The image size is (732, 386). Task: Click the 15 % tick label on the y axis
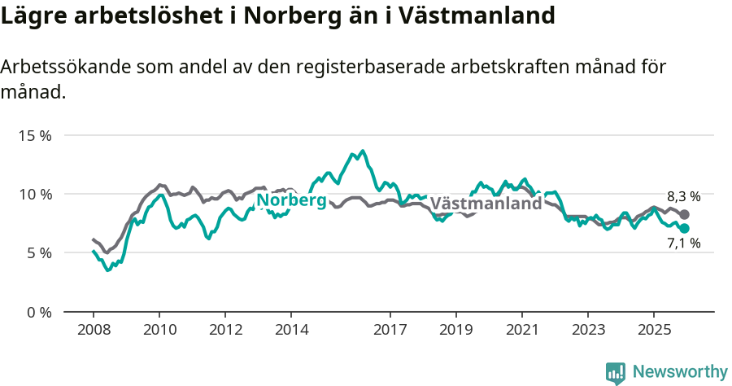pyautogui.click(x=34, y=135)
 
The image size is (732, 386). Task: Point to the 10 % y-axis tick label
pyautogui.click(x=34, y=194)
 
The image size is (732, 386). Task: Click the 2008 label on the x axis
pyautogui.click(x=94, y=330)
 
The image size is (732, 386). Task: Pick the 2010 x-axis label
pyautogui.click(x=159, y=330)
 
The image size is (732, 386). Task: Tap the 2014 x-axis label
pyautogui.click(x=291, y=330)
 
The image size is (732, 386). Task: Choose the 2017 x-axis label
pyautogui.click(x=390, y=330)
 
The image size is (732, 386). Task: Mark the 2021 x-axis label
pyautogui.click(x=521, y=330)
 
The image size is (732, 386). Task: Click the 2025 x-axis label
pyautogui.click(x=653, y=330)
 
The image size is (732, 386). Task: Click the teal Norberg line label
pyautogui.click(x=291, y=200)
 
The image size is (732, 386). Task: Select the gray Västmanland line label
pyautogui.click(x=486, y=204)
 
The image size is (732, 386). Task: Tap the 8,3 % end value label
pyautogui.click(x=683, y=196)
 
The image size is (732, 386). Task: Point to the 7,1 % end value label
pyautogui.click(x=683, y=243)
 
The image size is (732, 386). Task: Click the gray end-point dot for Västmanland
pyautogui.click(x=685, y=214)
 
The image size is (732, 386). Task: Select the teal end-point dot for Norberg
pyautogui.click(x=685, y=229)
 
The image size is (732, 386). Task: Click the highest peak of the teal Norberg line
pyautogui.click(x=363, y=151)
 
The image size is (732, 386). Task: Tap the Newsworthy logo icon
pyautogui.click(x=616, y=373)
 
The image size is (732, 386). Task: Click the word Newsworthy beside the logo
pyautogui.click(x=680, y=372)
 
